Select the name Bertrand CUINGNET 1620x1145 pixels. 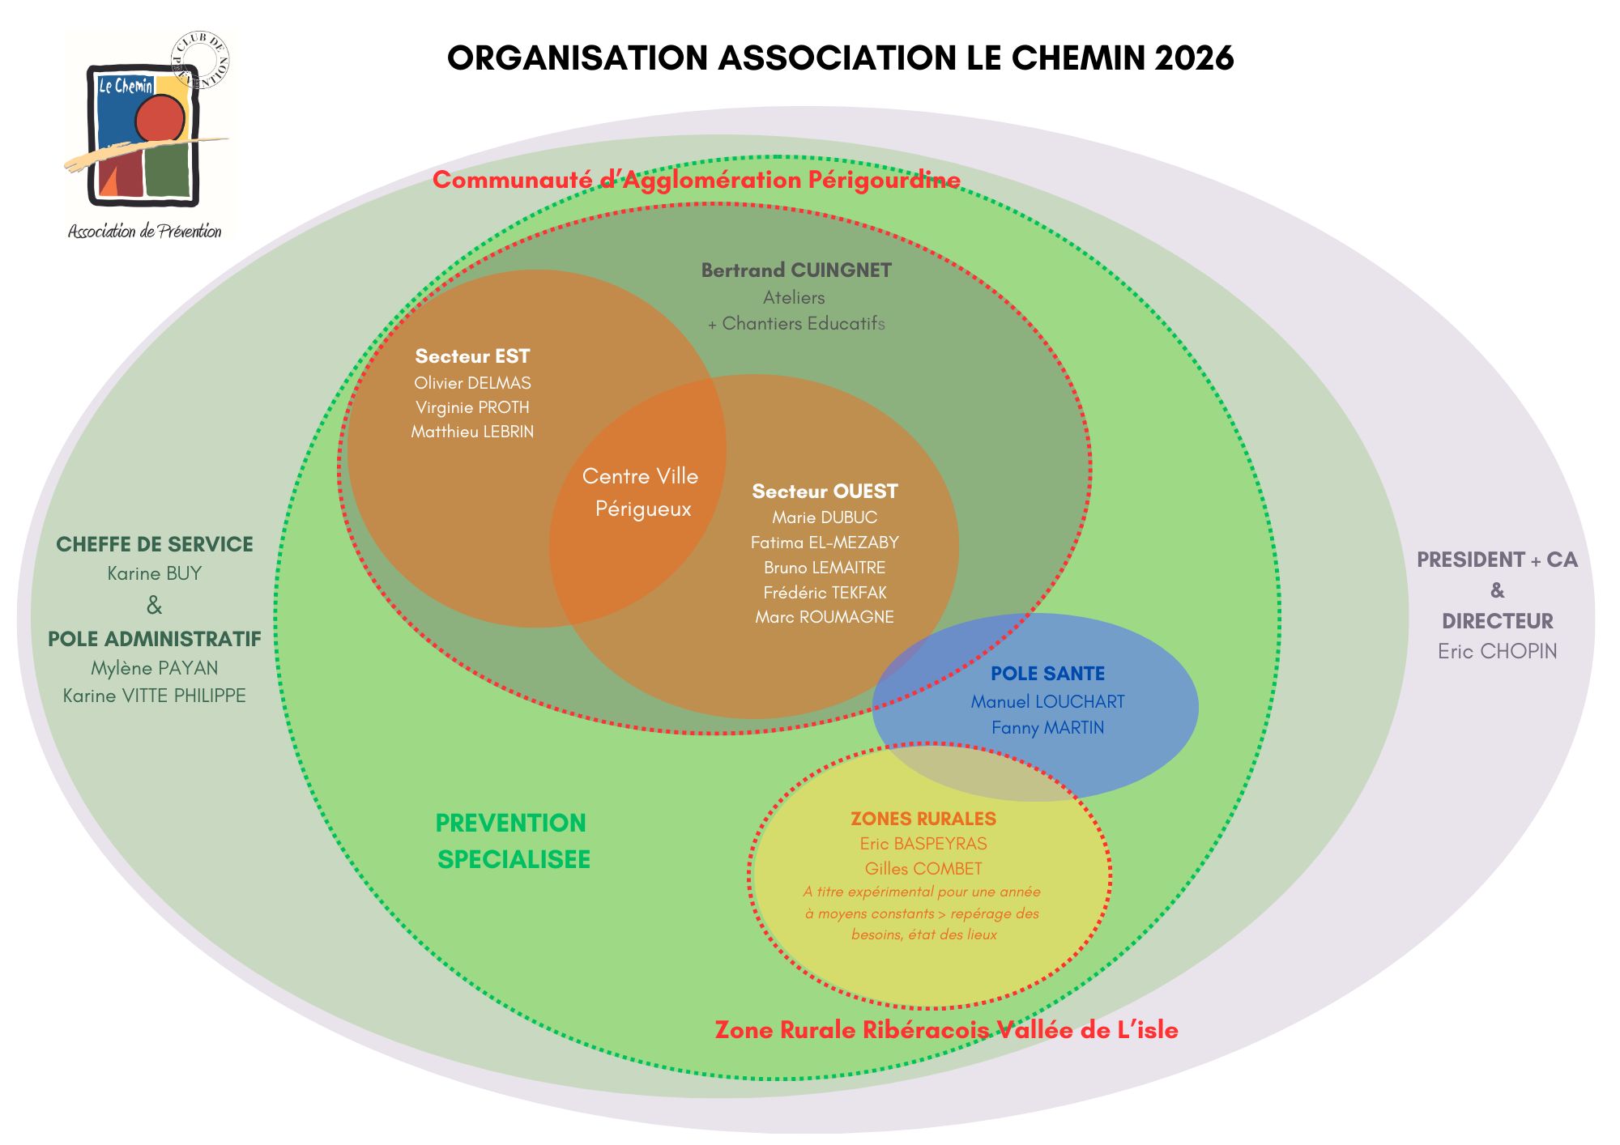(x=796, y=270)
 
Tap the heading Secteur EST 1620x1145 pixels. (x=472, y=356)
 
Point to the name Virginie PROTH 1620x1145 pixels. (x=472, y=407)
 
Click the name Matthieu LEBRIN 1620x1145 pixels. (x=472, y=432)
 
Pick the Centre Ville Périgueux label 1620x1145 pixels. (x=641, y=492)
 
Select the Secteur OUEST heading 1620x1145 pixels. (x=825, y=492)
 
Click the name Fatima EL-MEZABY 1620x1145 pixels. (x=825, y=543)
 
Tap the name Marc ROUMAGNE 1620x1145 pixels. (x=825, y=617)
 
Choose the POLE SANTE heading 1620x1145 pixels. (x=1047, y=674)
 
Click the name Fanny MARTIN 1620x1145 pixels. (x=1047, y=728)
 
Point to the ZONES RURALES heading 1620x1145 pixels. (x=923, y=819)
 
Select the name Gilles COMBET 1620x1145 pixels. (x=923, y=869)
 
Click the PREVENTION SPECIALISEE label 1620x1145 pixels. (x=513, y=841)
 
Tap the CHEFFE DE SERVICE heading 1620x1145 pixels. (x=155, y=544)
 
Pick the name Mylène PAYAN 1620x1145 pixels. (x=155, y=668)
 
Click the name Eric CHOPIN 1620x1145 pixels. (x=1497, y=651)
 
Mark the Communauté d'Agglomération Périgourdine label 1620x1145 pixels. (x=697, y=180)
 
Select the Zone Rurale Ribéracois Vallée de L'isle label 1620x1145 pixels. (x=946, y=1030)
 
